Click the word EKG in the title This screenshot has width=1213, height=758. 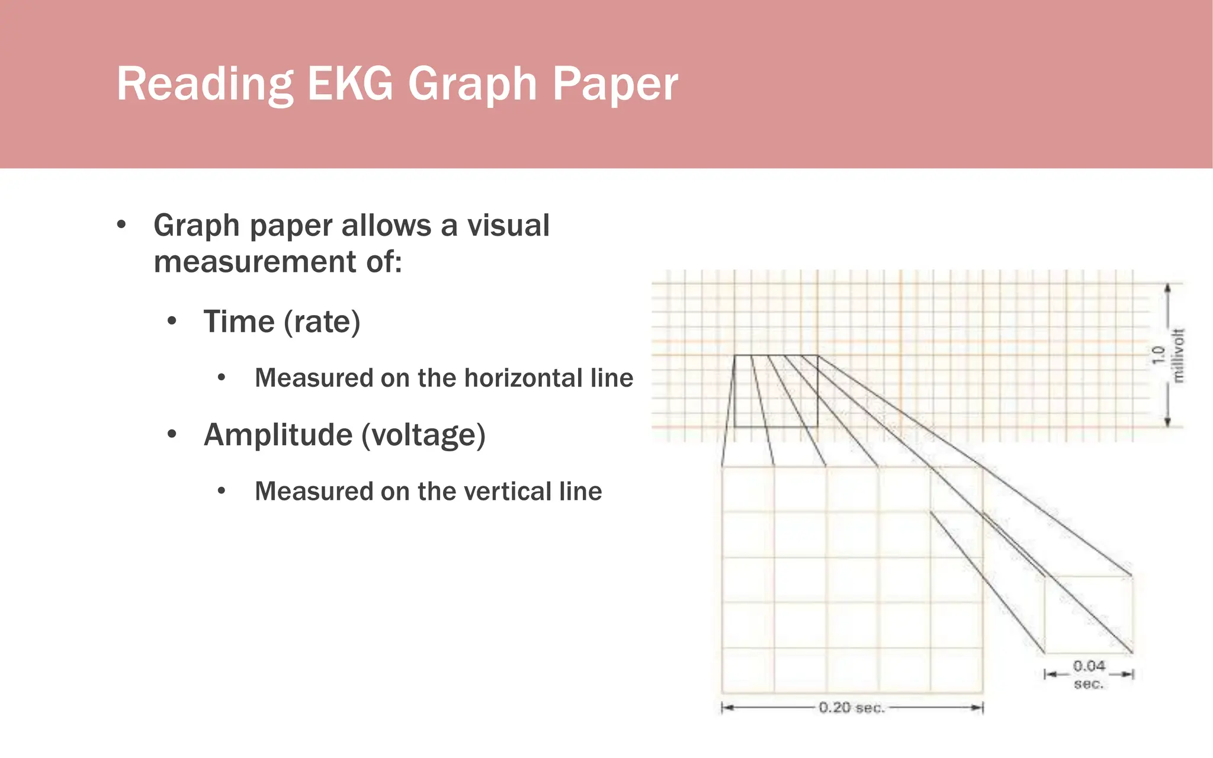[x=349, y=83]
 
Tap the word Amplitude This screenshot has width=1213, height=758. [x=278, y=435]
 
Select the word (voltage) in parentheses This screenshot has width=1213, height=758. [x=423, y=435]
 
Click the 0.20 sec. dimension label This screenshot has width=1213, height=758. [x=851, y=708]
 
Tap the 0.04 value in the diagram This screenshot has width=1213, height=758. [x=1089, y=666]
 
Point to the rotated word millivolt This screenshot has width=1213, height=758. [x=1178, y=355]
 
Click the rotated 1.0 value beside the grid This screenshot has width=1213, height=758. [x=1159, y=355]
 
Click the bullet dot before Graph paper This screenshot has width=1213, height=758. [x=121, y=225]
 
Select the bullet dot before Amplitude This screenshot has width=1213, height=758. [x=172, y=435]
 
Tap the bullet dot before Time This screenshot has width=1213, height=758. [x=172, y=322]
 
